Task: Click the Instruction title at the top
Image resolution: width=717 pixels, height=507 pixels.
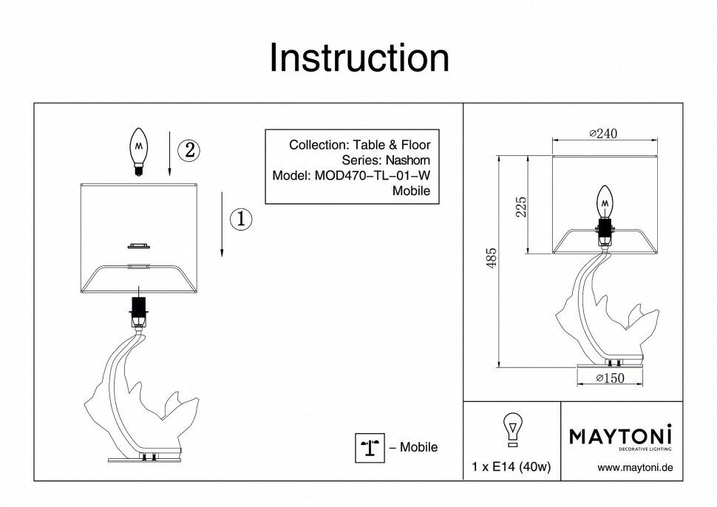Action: click(x=358, y=58)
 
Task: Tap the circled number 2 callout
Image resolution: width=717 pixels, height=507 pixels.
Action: click(x=189, y=150)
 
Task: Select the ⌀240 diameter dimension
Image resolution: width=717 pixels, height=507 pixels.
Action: click(x=603, y=133)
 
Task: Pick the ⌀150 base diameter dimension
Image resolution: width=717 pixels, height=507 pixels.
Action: click(x=610, y=378)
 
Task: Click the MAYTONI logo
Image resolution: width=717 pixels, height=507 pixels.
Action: click(x=620, y=436)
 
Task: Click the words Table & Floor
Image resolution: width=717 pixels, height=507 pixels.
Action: click(x=391, y=145)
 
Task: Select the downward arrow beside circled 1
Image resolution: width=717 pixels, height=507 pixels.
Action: click(x=222, y=222)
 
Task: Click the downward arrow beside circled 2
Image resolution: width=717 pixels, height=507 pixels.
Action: click(x=170, y=154)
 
